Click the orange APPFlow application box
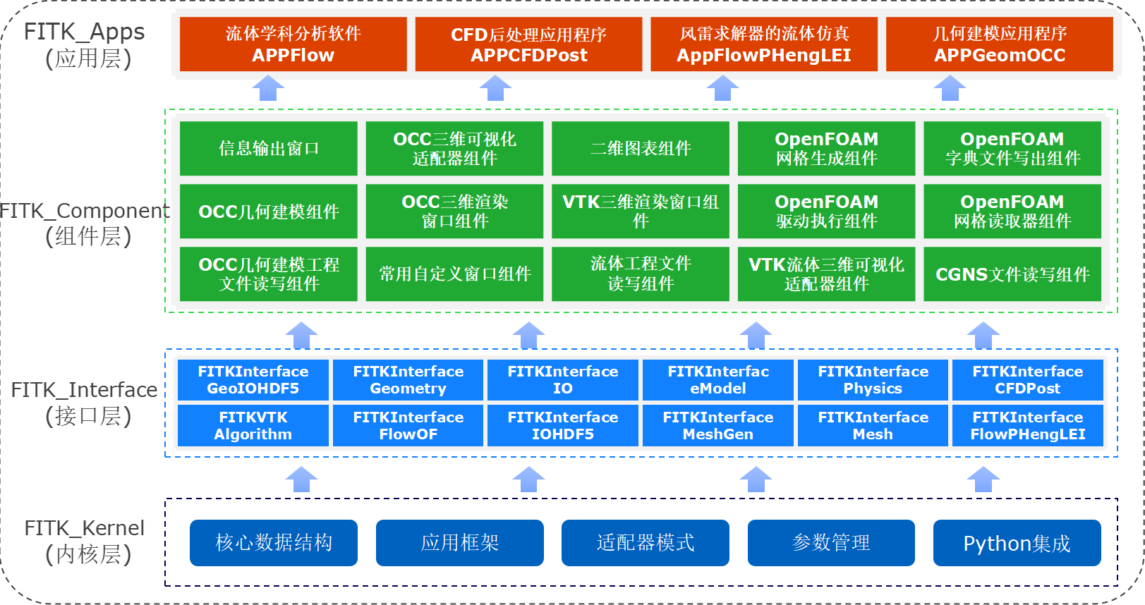pyautogui.click(x=293, y=44)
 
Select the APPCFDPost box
pyautogui.click(x=528, y=44)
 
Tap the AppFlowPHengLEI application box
pyautogui.click(x=764, y=44)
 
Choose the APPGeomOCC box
pyautogui.click(x=1000, y=44)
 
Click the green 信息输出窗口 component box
pyautogui.click(x=268, y=148)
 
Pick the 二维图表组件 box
pyautogui.click(x=641, y=148)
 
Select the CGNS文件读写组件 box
pyautogui.click(x=1012, y=274)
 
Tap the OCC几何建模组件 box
pyautogui.click(x=268, y=211)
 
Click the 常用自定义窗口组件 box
pyautogui.click(x=454, y=274)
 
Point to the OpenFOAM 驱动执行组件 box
pyautogui.click(x=827, y=211)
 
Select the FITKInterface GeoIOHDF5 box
pyautogui.click(x=253, y=379)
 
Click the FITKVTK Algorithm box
pyautogui.click(x=253, y=426)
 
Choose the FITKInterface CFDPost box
pyautogui.click(x=1027, y=379)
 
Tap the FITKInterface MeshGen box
pyautogui.click(x=717, y=426)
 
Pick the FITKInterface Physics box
pyautogui.click(x=873, y=379)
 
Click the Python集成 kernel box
pyautogui.click(x=1017, y=543)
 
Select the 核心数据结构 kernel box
pyautogui.click(x=274, y=543)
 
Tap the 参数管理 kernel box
pyautogui.click(x=831, y=543)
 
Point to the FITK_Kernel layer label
pyautogui.click(x=85, y=541)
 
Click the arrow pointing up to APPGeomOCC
pyautogui.click(x=950, y=88)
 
